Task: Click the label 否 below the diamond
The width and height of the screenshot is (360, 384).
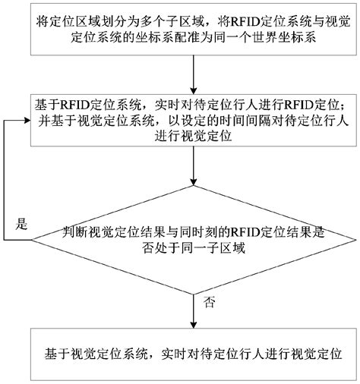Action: [x=210, y=302]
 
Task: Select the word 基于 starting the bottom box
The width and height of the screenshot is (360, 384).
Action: [x=58, y=353]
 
